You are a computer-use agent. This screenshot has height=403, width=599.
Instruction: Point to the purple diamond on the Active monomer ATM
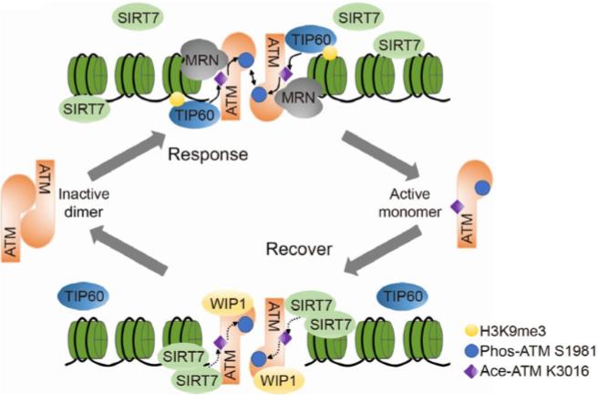(457, 208)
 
